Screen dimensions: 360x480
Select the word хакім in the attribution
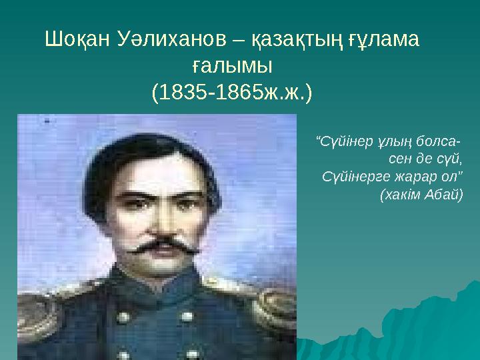pyautogui.click(x=402, y=195)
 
